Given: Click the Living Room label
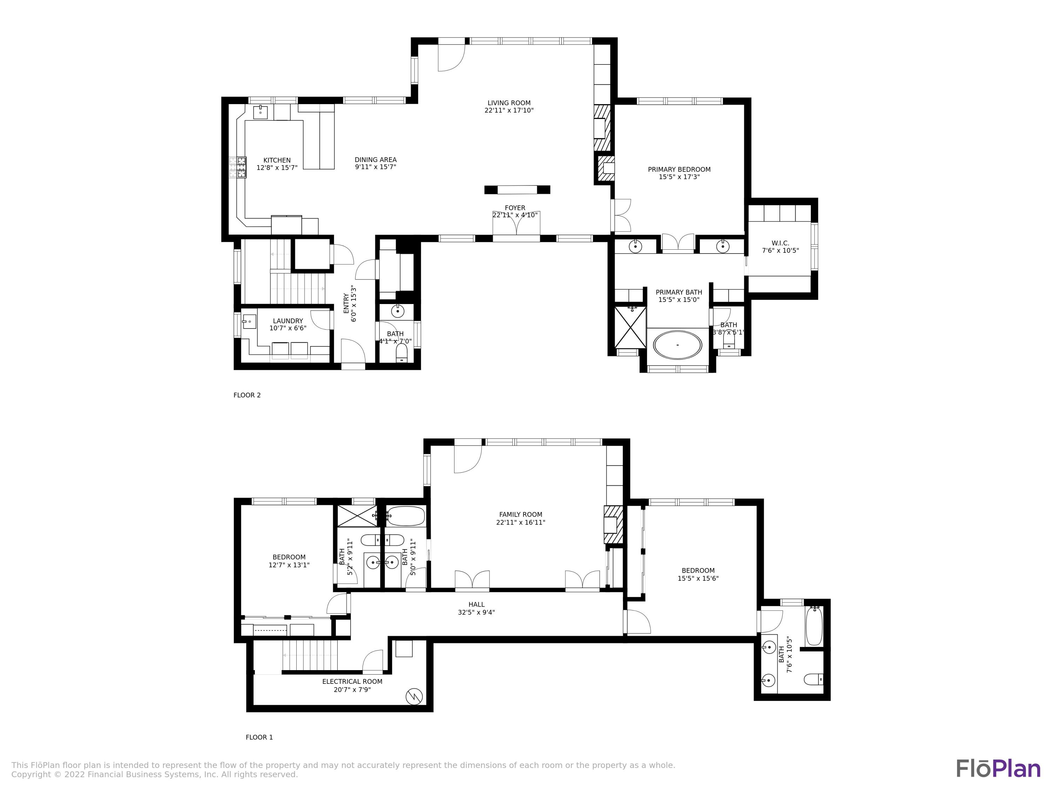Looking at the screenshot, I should click(x=509, y=103).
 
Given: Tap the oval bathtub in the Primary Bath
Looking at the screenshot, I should click(x=677, y=345).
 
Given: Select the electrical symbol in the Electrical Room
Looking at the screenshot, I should click(x=414, y=697).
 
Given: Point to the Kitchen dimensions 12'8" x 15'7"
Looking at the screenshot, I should click(x=277, y=168).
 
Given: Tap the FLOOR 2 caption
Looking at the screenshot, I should click(x=247, y=395).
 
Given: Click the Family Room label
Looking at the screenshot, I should click(x=520, y=514).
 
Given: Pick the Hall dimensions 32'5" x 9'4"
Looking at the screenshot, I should click(x=476, y=613).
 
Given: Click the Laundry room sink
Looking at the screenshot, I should click(x=249, y=322).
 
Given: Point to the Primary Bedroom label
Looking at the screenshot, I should click(x=679, y=169).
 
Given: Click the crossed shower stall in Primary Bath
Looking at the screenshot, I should click(x=630, y=328).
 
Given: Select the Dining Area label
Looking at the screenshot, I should click(x=375, y=160).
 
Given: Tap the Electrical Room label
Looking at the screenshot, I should click(x=352, y=681).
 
